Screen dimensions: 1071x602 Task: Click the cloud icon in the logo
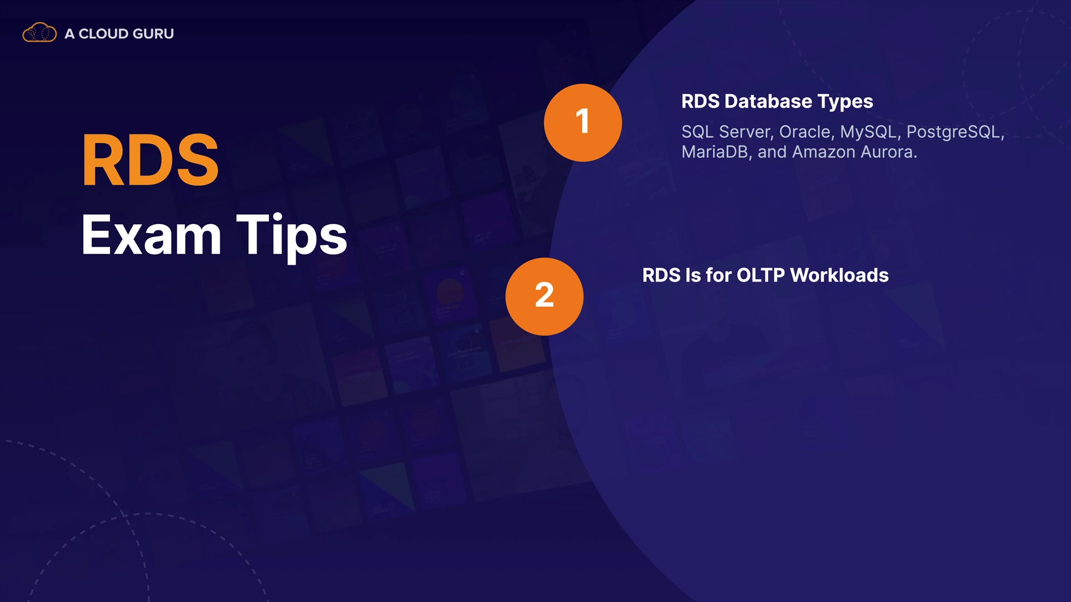pyautogui.click(x=39, y=33)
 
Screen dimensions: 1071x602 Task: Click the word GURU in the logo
pyautogui.click(x=154, y=34)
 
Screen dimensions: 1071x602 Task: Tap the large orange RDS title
pyautogui.click(x=150, y=161)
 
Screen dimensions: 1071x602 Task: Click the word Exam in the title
pyautogui.click(x=151, y=235)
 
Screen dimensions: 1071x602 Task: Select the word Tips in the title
pyautogui.click(x=292, y=237)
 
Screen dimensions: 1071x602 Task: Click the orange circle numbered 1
pyautogui.click(x=583, y=123)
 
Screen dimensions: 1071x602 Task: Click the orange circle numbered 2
pyautogui.click(x=544, y=297)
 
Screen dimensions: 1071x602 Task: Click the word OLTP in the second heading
pyautogui.click(x=761, y=275)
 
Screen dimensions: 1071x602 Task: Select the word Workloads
pyautogui.click(x=840, y=275)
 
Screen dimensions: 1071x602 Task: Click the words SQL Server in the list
pyautogui.click(x=727, y=132)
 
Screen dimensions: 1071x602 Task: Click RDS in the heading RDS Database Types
pyautogui.click(x=701, y=101)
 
